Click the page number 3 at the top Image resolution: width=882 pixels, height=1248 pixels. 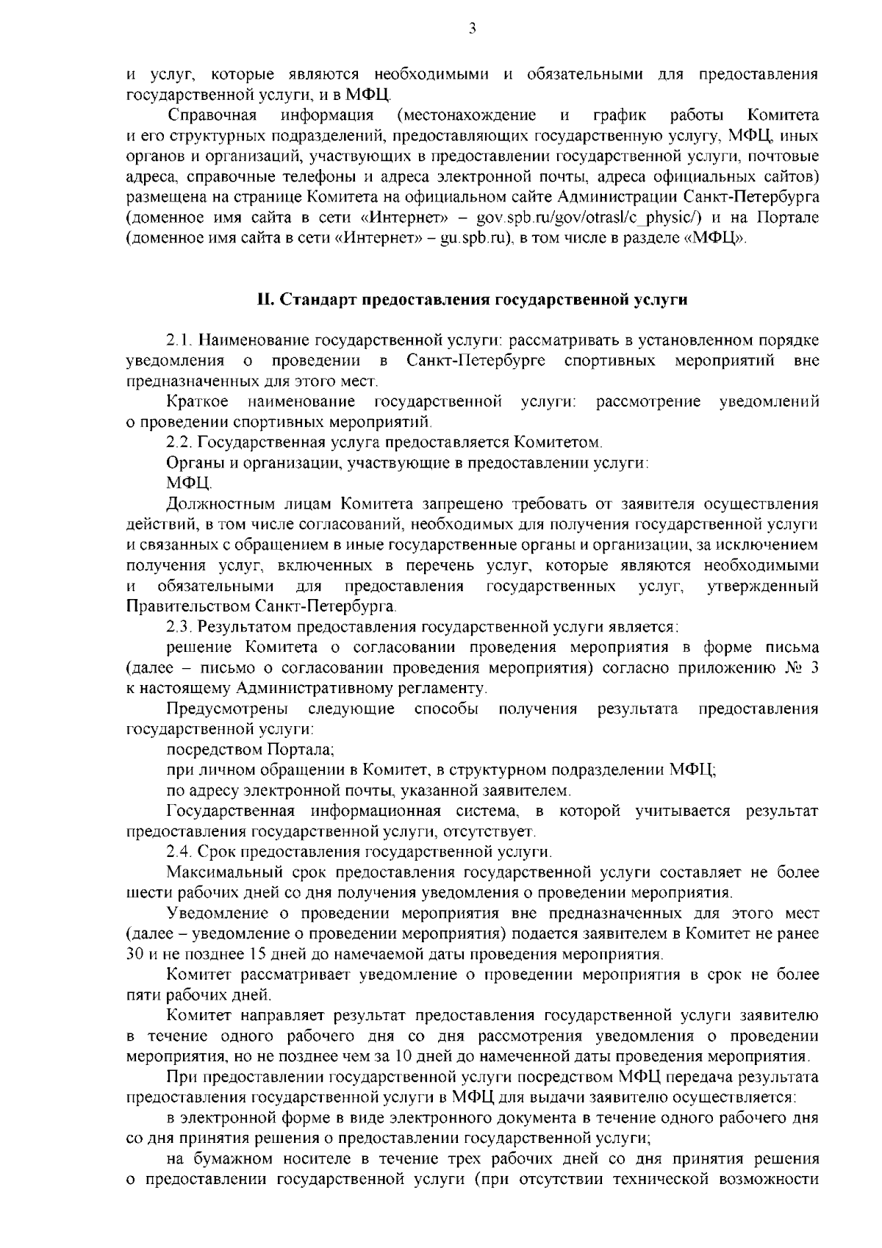[x=471, y=29]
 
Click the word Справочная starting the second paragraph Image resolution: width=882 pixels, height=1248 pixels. [x=212, y=115]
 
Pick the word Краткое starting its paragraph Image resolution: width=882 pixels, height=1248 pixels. [x=197, y=402]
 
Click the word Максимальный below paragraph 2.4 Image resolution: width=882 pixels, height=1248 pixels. [x=223, y=872]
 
